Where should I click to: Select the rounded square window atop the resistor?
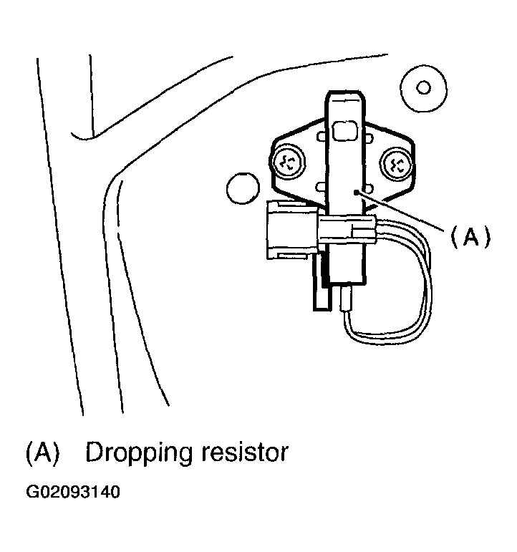[x=346, y=131]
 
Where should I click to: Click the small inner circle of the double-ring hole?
[x=423, y=88]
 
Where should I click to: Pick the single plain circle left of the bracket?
[x=241, y=188]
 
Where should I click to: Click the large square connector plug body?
[x=291, y=228]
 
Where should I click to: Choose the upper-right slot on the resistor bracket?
[x=371, y=134]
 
